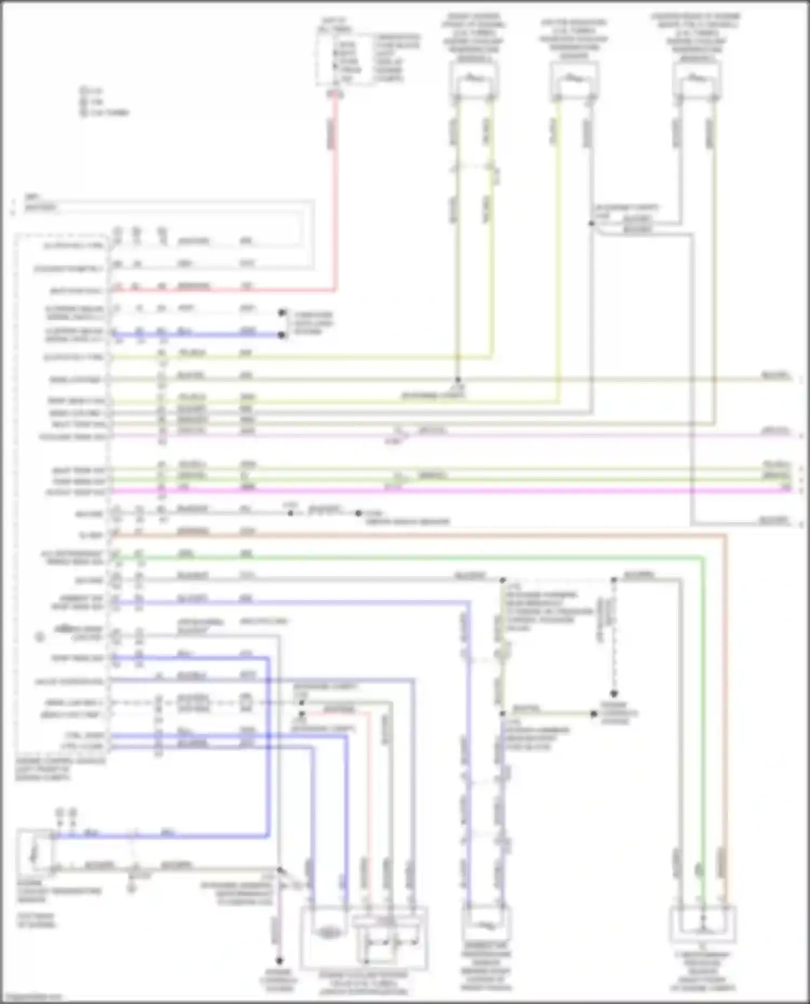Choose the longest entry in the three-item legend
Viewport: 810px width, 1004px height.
[108, 113]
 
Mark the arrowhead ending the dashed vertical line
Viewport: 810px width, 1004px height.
[614, 694]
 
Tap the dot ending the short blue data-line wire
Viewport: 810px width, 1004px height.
[281, 335]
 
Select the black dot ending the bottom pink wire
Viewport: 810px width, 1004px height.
[279, 960]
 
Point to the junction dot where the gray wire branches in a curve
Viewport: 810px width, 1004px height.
[592, 223]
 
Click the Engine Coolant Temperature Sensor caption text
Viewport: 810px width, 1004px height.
[59, 891]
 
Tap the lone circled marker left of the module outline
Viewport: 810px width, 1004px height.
[39, 637]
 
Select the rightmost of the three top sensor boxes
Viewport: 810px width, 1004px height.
[697, 81]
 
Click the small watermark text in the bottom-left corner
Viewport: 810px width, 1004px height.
[32, 997]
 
